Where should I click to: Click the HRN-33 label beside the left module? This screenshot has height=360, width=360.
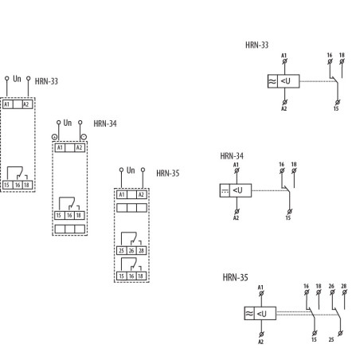pos(46,81)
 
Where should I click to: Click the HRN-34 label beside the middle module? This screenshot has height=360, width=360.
pos(104,123)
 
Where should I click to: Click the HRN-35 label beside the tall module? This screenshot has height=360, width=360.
pos(167,172)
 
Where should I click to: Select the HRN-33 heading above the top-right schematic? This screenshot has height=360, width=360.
pos(256,45)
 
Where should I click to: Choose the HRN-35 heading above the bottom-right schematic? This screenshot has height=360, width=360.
pos(235,278)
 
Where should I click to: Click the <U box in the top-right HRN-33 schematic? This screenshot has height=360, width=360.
pos(289,80)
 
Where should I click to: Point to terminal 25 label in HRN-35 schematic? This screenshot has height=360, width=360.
pos(331,340)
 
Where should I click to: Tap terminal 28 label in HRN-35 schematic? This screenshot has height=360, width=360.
pos(344,285)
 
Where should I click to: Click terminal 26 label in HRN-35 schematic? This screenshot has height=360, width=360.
pos(331,285)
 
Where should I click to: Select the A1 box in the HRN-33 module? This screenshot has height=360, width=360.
pos(8,104)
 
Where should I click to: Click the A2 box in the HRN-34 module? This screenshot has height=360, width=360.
pos(79,147)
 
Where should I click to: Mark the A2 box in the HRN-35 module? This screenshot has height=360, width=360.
pos(141,194)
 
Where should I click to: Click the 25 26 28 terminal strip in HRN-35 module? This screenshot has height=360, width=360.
pos(131,250)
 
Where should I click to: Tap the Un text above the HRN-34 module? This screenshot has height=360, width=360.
pos(68,123)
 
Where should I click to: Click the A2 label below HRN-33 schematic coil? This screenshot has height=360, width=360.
pos(284,108)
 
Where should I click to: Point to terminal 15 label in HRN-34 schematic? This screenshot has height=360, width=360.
pos(288,217)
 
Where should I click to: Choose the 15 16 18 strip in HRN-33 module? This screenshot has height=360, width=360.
pos(17,185)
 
